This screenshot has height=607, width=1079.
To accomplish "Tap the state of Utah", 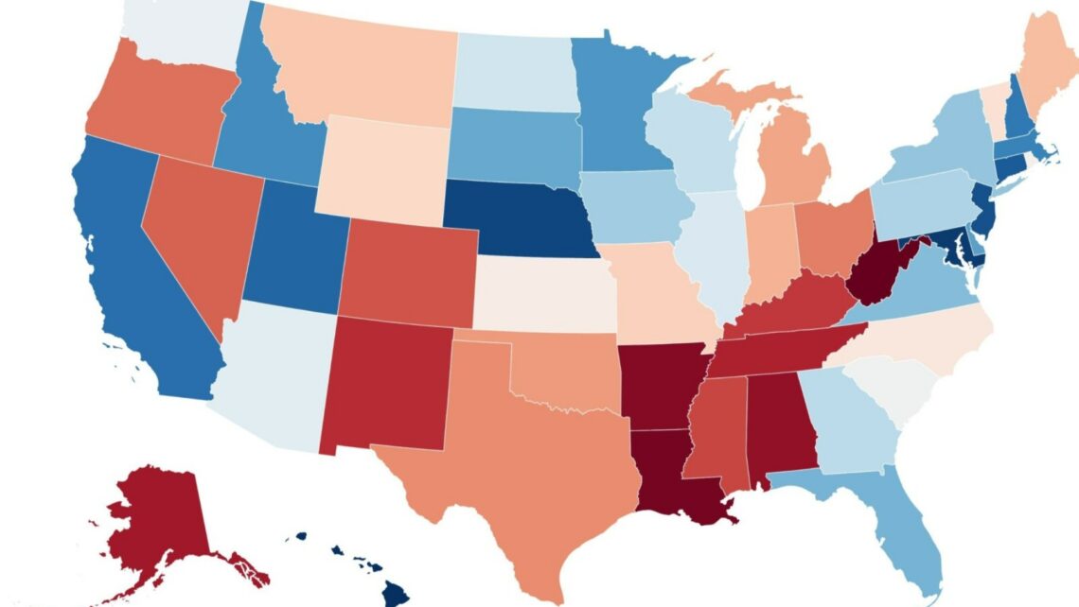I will (x=289, y=248).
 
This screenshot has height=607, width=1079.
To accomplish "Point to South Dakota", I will (x=516, y=147).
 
